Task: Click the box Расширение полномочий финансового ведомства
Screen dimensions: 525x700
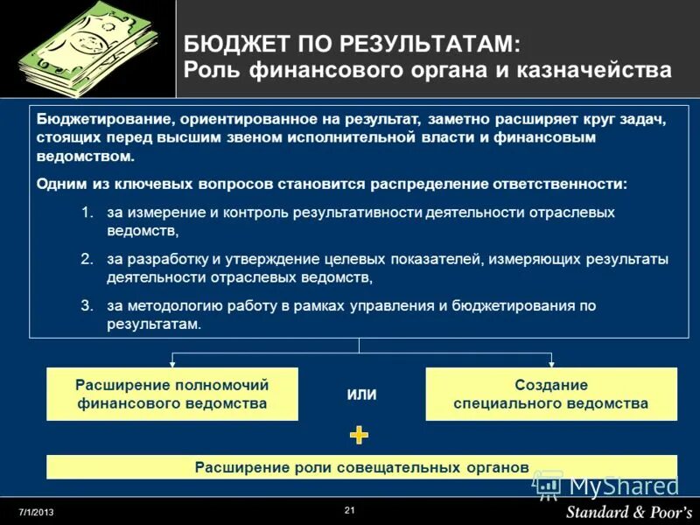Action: [x=171, y=394]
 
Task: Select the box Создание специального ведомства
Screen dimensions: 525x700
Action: [x=551, y=394]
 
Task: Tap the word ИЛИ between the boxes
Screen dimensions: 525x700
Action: [x=361, y=395]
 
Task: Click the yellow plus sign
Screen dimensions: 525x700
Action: [x=359, y=435]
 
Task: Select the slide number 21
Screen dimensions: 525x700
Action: [x=350, y=510]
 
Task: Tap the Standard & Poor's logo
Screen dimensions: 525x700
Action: [x=627, y=511]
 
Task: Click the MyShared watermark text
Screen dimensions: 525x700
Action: [x=623, y=486]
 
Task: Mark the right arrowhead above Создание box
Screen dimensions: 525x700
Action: [x=551, y=363]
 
